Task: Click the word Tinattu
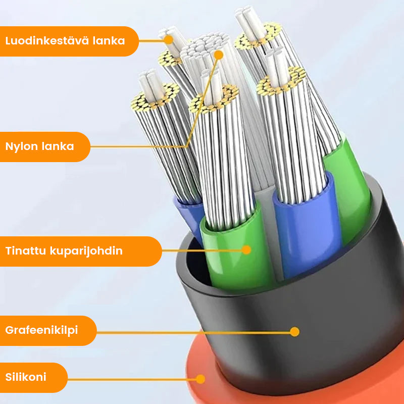(25, 251)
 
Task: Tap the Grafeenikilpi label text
(42, 331)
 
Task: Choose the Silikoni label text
(26, 377)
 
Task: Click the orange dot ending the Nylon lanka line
(219, 55)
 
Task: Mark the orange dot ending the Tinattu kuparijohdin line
(246, 249)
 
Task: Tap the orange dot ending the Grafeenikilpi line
(295, 332)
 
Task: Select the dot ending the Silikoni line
(201, 378)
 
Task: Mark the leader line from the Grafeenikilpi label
(192, 332)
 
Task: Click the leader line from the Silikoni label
(131, 378)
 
